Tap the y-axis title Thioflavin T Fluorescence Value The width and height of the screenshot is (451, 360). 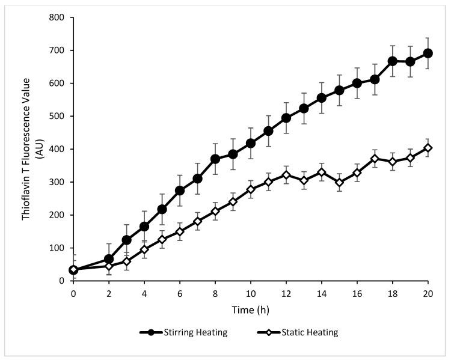[x=27, y=148]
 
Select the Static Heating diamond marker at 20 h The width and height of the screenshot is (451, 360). [x=428, y=148]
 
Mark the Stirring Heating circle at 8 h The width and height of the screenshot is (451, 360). [x=215, y=159]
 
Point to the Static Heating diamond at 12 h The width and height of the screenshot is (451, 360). [x=286, y=175]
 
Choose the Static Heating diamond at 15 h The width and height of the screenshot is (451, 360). [x=340, y=183]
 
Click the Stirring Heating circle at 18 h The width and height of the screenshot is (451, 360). [x=393, y=61]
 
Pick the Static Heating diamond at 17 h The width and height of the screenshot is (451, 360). [x=375, y=159]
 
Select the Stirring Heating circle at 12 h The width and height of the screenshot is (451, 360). [x=286, y=118]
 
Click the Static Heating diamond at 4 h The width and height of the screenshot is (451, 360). [x=144, y=249]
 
